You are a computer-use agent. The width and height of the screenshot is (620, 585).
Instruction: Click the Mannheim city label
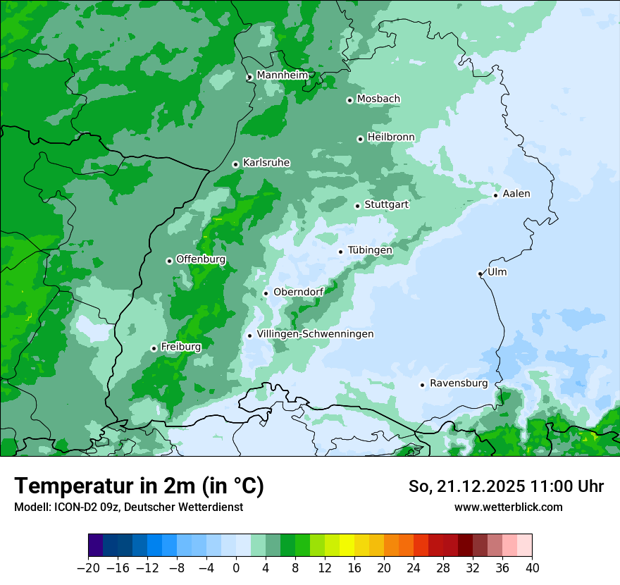[282, 75]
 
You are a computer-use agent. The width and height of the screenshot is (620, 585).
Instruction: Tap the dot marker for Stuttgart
[357, 206]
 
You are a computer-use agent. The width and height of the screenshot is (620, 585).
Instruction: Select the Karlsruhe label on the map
[266, 163]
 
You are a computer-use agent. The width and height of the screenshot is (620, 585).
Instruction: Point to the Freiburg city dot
[154, 348]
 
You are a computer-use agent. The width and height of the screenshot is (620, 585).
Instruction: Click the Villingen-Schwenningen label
[315, 334]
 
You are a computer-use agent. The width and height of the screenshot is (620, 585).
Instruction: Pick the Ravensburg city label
[458, 383]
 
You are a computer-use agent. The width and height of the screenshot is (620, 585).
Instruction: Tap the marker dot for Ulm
[480, 273]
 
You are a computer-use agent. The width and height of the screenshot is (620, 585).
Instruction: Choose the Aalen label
[516, 194]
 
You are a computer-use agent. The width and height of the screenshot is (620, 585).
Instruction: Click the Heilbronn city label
[391, 137]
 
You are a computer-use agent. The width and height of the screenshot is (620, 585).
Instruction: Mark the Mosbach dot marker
[349, 100]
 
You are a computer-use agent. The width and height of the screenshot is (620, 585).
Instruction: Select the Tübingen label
[370, 250]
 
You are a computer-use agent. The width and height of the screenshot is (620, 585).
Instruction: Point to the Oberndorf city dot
[266, 293]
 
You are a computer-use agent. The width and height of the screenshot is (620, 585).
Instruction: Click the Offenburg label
[201, 259]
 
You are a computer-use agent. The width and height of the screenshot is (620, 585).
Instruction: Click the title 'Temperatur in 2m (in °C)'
[139, 486]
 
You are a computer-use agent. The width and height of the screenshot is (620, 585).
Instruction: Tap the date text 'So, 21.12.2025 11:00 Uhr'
[506, 486]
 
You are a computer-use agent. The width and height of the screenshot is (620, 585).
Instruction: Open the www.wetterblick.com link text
[508, 507]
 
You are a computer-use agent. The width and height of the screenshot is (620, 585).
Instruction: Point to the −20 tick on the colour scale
[88, 568]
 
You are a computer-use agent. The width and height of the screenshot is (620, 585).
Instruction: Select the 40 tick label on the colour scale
[532, 568]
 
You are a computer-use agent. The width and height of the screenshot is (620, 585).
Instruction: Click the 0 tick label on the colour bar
[236, 568]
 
